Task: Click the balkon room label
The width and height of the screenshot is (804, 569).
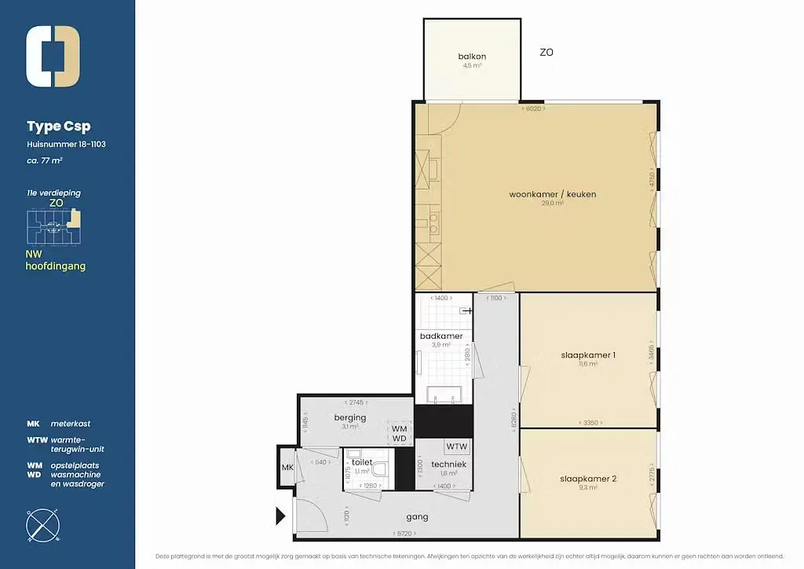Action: pos(472,57)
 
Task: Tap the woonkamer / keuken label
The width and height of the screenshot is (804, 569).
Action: pos(541,194)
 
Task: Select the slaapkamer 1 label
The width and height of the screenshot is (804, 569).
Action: pos(587,354)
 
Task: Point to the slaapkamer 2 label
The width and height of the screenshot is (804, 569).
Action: pos(587,479)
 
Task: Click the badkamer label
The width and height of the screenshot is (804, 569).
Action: pos(441,336)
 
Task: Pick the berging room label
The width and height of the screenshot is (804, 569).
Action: pos(349,417)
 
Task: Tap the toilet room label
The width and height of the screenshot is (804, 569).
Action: pos(362,463)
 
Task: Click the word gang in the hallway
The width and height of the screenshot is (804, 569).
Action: pos(417,517)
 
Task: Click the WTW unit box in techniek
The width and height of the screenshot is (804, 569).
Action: pos(457,446)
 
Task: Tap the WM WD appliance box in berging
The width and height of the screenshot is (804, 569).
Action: pos(400,433)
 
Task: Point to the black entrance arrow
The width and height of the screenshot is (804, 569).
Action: pos(280,516)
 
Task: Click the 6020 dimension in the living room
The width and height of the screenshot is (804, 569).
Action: pos(533,109)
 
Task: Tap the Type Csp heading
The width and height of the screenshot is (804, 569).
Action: pos(58,127)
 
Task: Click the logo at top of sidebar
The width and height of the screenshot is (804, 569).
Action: pos(53,57)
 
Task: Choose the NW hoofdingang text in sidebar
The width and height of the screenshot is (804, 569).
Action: pos(55,260)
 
